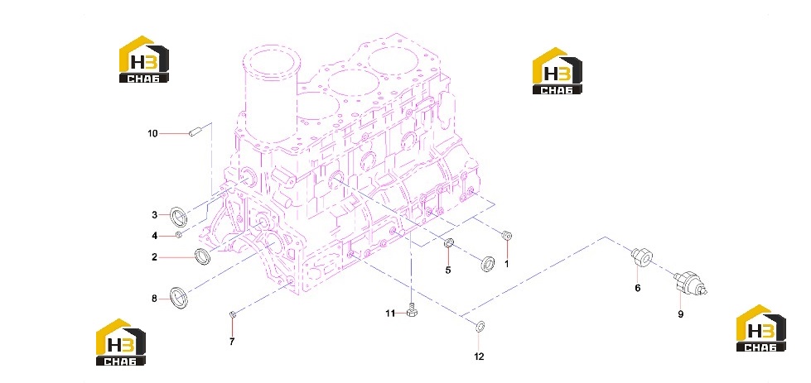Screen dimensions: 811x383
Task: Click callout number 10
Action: pos(152,134)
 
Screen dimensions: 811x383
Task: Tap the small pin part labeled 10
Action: pos(195,133)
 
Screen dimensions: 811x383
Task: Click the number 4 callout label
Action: pos(154,236)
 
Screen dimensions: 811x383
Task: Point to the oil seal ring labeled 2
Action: pos(203,256)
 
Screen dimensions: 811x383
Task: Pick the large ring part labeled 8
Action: pos(180,298)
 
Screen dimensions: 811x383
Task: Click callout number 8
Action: pos(154,299)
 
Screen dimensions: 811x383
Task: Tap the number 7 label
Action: pos(232,341)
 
